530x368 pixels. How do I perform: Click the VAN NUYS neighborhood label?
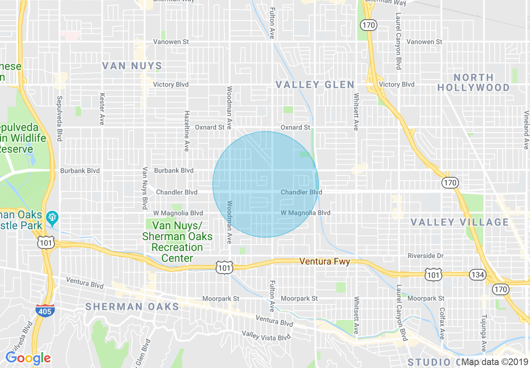[132, 66]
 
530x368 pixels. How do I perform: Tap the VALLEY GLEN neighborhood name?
[315, 85]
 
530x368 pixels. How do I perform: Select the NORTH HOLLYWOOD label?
[473, 82]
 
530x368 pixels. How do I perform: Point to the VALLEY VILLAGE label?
[459, 222]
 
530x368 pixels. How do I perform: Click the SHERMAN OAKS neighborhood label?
[132, 307]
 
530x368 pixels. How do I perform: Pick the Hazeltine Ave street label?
[187, 131]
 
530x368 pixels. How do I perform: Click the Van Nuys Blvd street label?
[145, 188]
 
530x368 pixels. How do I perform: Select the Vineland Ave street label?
[526, 130]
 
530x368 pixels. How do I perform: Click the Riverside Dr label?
[426, 256]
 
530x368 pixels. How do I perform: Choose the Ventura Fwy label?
[324, 261]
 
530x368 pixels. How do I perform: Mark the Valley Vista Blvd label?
[266, 335]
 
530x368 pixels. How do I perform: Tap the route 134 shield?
[477, 275]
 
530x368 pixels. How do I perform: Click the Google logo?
[28, 358]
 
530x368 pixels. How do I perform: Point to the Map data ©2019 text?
[494, 362]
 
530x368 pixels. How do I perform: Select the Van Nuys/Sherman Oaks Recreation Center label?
[177, 242]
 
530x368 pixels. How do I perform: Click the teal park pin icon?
[53, 217]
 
